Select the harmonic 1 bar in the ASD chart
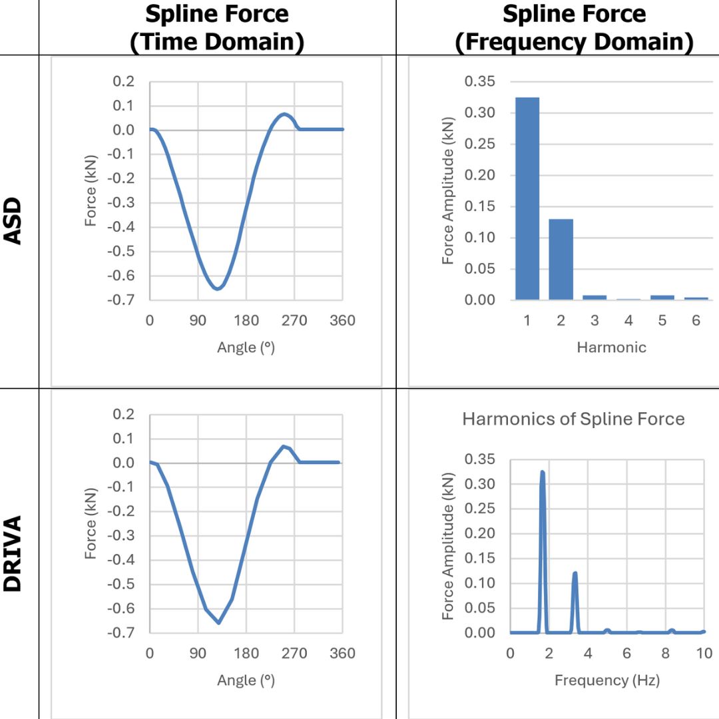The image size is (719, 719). pos(527,200)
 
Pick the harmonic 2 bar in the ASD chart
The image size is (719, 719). pos(561,260)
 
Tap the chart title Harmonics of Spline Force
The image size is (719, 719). pos(573,419)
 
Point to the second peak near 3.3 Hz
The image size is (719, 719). pos(575,573)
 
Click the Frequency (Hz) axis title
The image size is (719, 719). pos(606,680)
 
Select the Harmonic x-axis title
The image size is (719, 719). pos(611,347)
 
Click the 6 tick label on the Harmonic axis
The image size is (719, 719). pos(696,320)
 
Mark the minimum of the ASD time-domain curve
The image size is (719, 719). pos(217,288)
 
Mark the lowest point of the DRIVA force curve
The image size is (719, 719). pos(218,622)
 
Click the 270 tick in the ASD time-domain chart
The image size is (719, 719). pos(294,320)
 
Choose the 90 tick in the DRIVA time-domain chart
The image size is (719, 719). pos(198,653)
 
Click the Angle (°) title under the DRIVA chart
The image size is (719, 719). pos(246,680)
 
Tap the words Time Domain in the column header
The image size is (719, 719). pos(217,42)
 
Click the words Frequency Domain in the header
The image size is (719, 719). pos(574,42)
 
